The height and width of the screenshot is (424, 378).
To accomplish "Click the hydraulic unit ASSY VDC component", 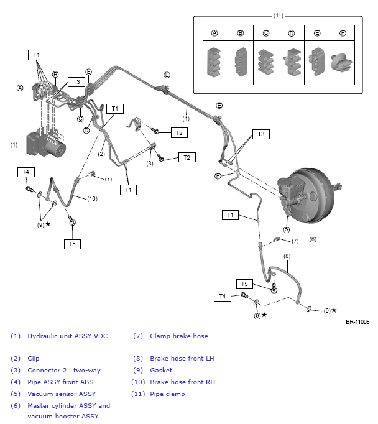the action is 45,144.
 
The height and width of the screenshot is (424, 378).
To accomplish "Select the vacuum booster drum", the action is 313,195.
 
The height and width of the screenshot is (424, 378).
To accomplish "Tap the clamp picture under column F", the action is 342,62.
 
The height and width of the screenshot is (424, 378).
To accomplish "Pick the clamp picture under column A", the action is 214,62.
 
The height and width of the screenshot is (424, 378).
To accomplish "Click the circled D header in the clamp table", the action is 291,33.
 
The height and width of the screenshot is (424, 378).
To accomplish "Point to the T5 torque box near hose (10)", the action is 72,244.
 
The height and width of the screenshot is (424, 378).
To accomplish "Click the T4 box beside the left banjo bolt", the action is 26,172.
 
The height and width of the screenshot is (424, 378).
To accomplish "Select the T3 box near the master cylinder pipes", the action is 261,134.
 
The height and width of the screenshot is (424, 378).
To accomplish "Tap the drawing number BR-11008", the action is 357,321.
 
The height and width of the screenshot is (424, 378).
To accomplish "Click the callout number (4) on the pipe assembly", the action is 186,119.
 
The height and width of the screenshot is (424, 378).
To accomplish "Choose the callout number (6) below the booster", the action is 313,239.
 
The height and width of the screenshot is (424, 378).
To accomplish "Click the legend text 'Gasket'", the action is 161,370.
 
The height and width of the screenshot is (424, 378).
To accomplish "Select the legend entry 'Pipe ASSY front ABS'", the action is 60,382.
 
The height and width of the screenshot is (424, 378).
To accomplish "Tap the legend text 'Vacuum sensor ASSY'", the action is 62,394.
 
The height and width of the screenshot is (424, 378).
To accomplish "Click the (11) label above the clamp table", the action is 279,16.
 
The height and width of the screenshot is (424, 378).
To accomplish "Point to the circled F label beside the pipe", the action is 218,176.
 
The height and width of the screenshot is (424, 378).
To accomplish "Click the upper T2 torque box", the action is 179,133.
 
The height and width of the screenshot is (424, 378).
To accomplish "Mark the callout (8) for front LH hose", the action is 287,256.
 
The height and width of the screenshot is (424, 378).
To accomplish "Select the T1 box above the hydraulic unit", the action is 37,55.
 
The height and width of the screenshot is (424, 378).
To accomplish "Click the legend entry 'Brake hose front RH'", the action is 183,382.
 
